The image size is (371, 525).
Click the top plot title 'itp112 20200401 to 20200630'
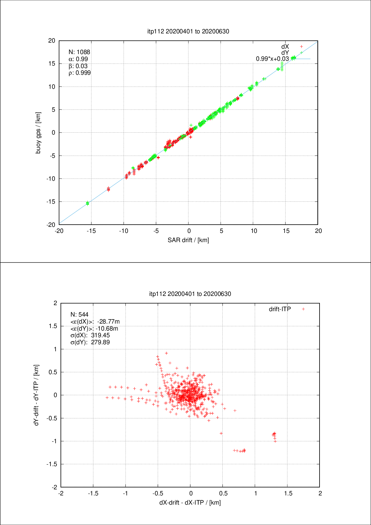click(188, 31)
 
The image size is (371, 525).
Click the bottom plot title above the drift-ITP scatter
click(190, 294)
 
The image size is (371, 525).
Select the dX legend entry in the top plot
click(285, 46)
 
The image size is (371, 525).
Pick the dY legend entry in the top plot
click(285, 52)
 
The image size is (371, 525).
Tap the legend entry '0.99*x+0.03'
click(273, 59)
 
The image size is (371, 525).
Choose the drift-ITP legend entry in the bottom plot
click(280, 309)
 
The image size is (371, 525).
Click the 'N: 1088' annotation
click(79, 52)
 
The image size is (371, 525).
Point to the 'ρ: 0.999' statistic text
click(80, 73)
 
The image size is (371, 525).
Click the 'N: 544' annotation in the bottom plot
click(79, 314)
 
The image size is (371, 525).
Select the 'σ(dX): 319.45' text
click(90, 335)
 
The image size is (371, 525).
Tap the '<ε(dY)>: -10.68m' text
click(94, 328)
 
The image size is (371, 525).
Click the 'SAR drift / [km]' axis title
click(188, 240)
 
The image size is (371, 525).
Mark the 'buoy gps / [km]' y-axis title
click(38, 133)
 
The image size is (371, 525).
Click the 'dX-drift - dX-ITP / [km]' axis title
click(190, 502)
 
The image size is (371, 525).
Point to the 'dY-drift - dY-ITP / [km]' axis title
click(37, 395)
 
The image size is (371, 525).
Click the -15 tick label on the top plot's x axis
click(91, 231)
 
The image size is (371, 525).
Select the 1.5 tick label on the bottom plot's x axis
click(288, 493)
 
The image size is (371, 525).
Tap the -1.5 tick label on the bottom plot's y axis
click(52, 464)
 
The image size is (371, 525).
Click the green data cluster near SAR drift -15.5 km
click(88, 203)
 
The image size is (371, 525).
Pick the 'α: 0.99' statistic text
click(78, 59)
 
